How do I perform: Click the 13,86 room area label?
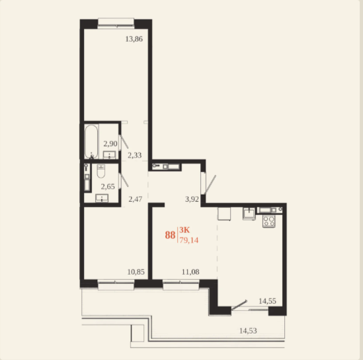tap(134, 39)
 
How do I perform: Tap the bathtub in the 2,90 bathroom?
tap(91, 142)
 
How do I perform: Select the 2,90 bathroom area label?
tap(110, 144)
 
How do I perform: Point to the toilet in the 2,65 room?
tap(101, 171)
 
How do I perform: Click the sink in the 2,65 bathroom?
tap(102, 198)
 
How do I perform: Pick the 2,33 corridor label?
tap(134, 155)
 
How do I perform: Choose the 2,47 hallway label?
tap(135, 199)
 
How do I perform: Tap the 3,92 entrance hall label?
tap(192, 199)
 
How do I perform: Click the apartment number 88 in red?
tap(170, 235)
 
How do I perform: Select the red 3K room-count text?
tap(184, 230)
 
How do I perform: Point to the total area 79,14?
tap(189, 240)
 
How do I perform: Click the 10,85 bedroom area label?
tap(136, 271)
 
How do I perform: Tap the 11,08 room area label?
tap(190, 271)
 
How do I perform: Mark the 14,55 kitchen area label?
tap(267, 301)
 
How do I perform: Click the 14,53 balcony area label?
tap(248, 331)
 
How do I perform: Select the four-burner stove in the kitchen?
tap(268, 221)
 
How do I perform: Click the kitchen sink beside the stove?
tap(249, 213)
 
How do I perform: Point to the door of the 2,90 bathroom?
tap(124, 142)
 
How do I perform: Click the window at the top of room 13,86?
tap(116, 23)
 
